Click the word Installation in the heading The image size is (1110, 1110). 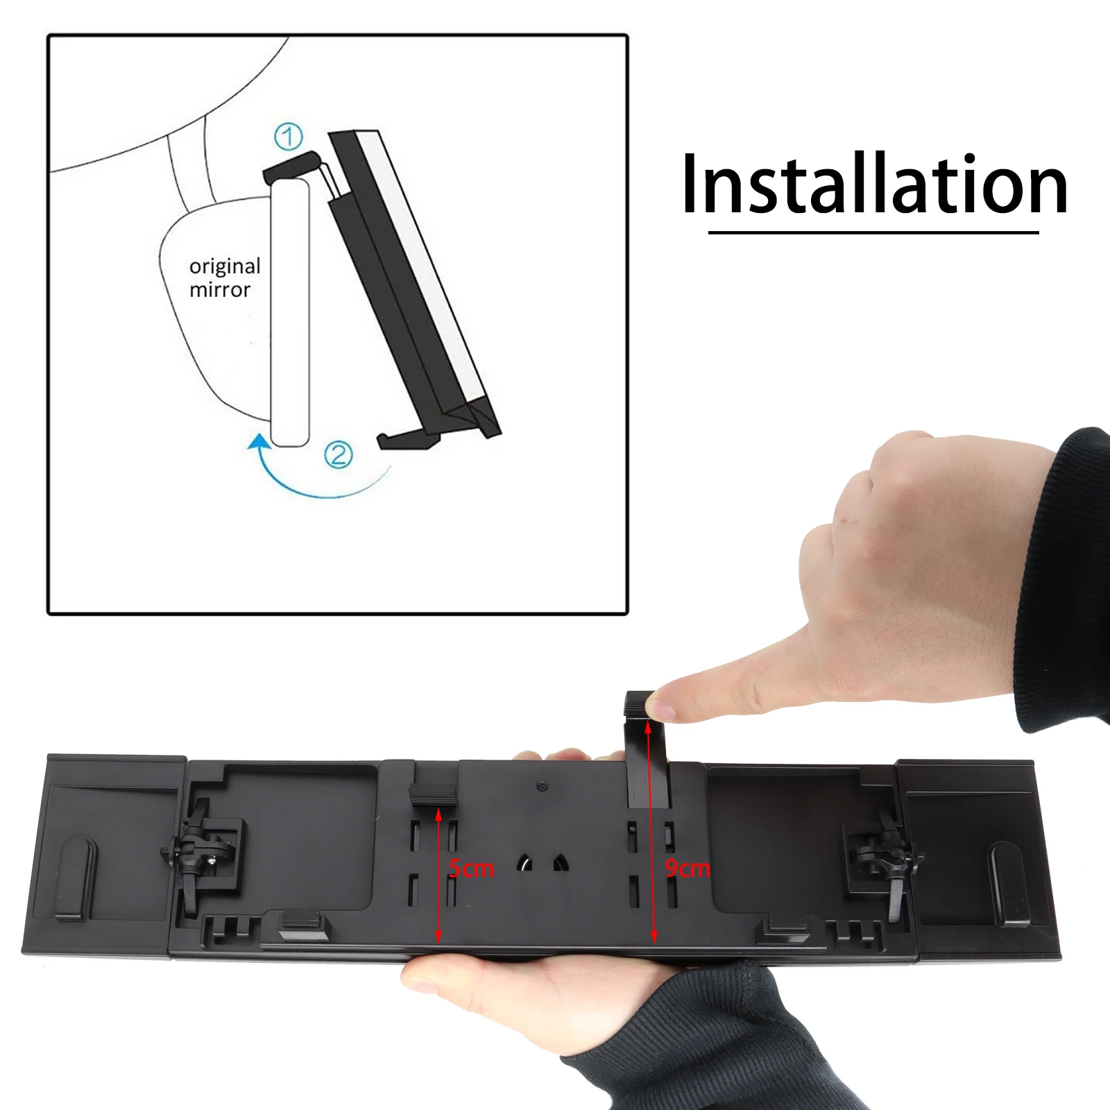875,185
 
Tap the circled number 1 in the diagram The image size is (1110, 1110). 289,137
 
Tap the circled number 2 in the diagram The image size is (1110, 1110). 339,455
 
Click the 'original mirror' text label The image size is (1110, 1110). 225,277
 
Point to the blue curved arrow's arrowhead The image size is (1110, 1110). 258,443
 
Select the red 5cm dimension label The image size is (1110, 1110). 472,869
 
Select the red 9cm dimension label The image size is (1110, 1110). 688,869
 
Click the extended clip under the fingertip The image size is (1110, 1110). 648,749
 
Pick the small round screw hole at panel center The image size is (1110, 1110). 543,787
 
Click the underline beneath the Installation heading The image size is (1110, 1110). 873,232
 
